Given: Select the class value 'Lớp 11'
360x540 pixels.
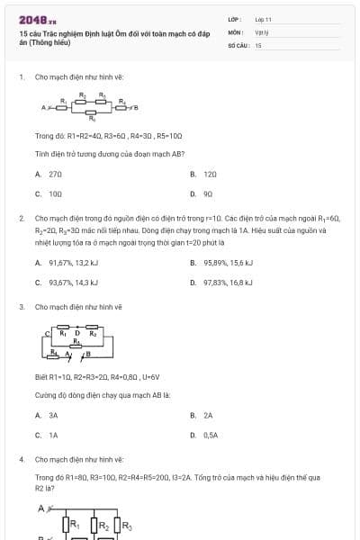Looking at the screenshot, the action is click(263, 19).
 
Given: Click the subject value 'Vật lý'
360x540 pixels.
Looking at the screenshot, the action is click(262, 31).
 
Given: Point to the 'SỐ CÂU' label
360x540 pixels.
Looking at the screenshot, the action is click(238, 44).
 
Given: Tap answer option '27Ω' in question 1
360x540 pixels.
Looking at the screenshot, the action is click(55, 174).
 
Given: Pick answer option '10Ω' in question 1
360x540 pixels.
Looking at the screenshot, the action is click(55, 193).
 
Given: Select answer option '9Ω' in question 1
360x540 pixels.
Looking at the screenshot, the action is click(208, 193).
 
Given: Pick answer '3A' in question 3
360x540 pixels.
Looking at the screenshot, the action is click(53, 416).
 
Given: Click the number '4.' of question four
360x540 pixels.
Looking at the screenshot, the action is click(21, 459).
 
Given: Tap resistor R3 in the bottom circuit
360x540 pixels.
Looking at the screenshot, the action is click(125, 526).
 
